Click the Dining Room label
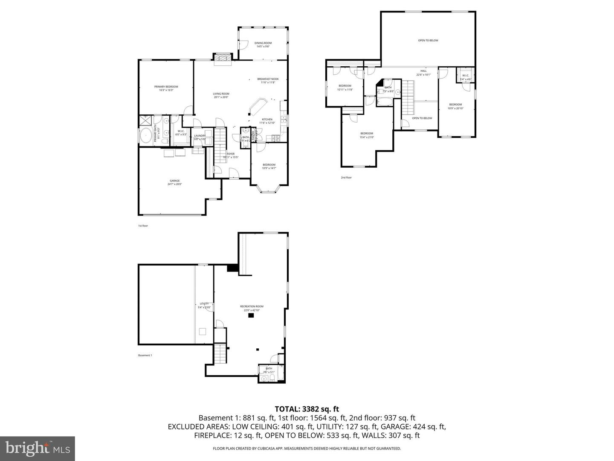(263, 44)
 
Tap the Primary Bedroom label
(166, 88)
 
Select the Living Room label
(221, 95)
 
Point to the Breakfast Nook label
(268, 80)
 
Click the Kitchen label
(267, 121)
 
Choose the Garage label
(174, 182)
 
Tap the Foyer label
(230, 155)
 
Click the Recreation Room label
(252, 308)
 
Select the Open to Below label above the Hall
(428, 41)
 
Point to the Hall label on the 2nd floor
(423, 73)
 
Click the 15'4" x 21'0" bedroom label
(366, 135)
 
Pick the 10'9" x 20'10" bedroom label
(455, 106)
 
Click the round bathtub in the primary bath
(146, 136)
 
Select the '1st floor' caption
(143, 226)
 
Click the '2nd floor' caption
(346, 178)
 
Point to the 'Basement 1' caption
(145, 356)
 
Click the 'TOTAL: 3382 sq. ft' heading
(307, 409)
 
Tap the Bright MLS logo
(38, 448)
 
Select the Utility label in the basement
(204, 305)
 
